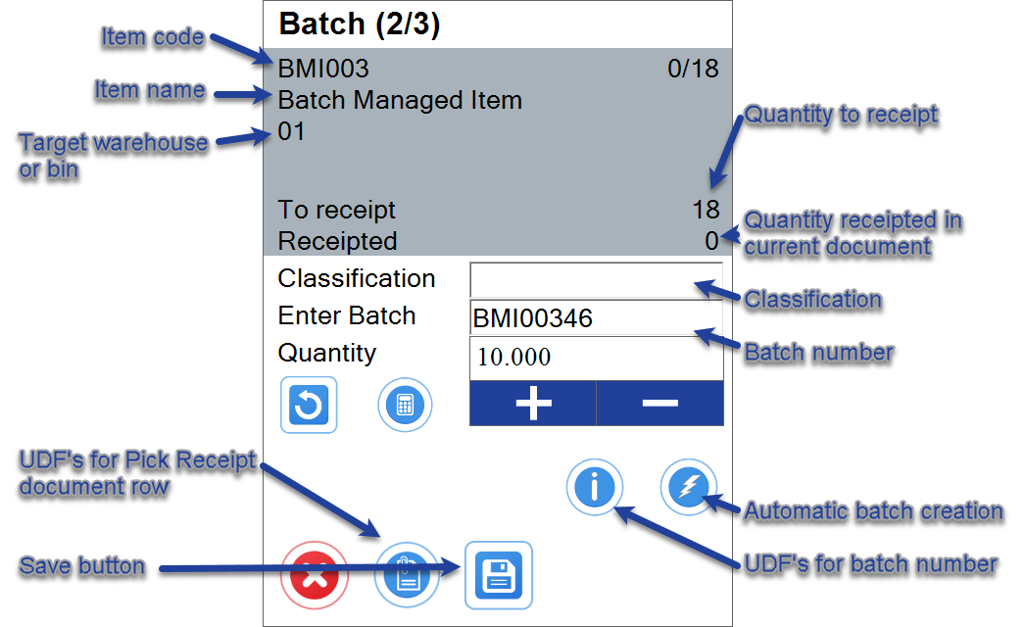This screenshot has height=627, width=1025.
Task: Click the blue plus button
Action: (533, 404)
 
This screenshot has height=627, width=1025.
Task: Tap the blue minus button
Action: (659, 404)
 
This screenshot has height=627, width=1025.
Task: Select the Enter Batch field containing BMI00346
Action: (596, 318)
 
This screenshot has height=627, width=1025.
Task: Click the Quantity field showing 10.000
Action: (596, 358)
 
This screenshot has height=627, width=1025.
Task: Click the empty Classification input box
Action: (596, 279)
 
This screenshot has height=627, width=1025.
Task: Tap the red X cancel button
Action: (315, 576)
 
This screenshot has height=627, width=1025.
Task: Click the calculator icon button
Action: (405, 405)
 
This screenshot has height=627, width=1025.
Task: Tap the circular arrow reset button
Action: (309, 405)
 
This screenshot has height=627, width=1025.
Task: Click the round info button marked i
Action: (594, 487)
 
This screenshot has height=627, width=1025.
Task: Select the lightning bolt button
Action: (688, 487)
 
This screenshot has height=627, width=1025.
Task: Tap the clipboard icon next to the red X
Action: (405, 576)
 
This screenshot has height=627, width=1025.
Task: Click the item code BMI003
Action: (323, 70)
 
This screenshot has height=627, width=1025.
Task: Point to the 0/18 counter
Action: (693, 70)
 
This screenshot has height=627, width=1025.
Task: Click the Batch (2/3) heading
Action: (359, 24)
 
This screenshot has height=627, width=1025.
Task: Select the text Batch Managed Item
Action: (400, 100)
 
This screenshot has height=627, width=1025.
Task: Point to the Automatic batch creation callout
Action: (872, 511)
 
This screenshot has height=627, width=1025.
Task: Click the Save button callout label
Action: (82, 566)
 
